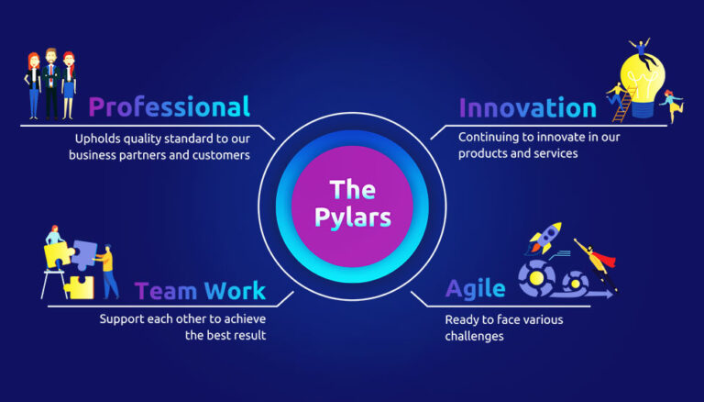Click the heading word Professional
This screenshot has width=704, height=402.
click(169, 106)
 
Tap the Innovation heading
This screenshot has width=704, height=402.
click(526, 106)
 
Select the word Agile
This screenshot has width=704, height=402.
click(475, 288)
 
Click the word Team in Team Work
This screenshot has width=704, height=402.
click(167, 291)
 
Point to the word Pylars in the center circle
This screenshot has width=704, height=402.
click(352, 218)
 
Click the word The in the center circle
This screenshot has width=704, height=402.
click(352, 190)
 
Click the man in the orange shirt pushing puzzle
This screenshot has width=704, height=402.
click(108, 271)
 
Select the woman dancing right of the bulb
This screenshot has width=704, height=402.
click(674, 106)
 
